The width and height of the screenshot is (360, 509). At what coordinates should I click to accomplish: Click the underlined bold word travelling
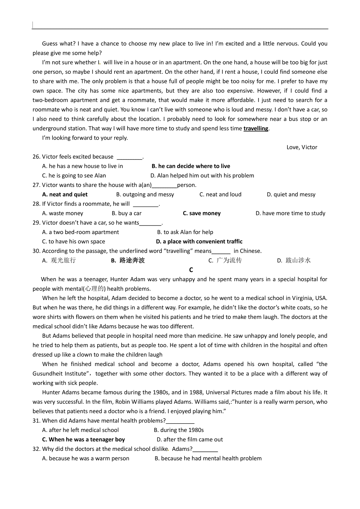pos(256,129)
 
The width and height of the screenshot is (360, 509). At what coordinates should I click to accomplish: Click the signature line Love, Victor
pos(302,147)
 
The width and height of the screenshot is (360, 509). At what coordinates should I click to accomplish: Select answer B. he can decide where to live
pos(191,166)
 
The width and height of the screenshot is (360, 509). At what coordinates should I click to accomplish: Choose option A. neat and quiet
pos(65,195)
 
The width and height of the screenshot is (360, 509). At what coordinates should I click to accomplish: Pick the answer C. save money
pos(202,213)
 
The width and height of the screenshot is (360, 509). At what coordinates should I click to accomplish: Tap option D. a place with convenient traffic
pos(199,242)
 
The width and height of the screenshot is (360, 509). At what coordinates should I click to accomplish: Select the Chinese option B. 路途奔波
pos(128,260)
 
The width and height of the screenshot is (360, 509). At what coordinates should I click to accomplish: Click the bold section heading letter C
pos(191,270)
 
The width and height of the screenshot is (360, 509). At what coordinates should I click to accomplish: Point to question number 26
pos(36,157)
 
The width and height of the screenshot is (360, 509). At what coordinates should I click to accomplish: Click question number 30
pos(36,251)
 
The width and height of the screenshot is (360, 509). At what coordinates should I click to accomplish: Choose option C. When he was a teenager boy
pos(83,440)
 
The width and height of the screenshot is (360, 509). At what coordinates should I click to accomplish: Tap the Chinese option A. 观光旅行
pos(59,260)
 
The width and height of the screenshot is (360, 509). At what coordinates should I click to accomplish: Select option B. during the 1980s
pos(179,430)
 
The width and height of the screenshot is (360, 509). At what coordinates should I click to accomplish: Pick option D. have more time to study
pos(290,213)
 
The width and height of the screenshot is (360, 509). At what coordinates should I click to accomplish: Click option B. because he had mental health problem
pos(208,459)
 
